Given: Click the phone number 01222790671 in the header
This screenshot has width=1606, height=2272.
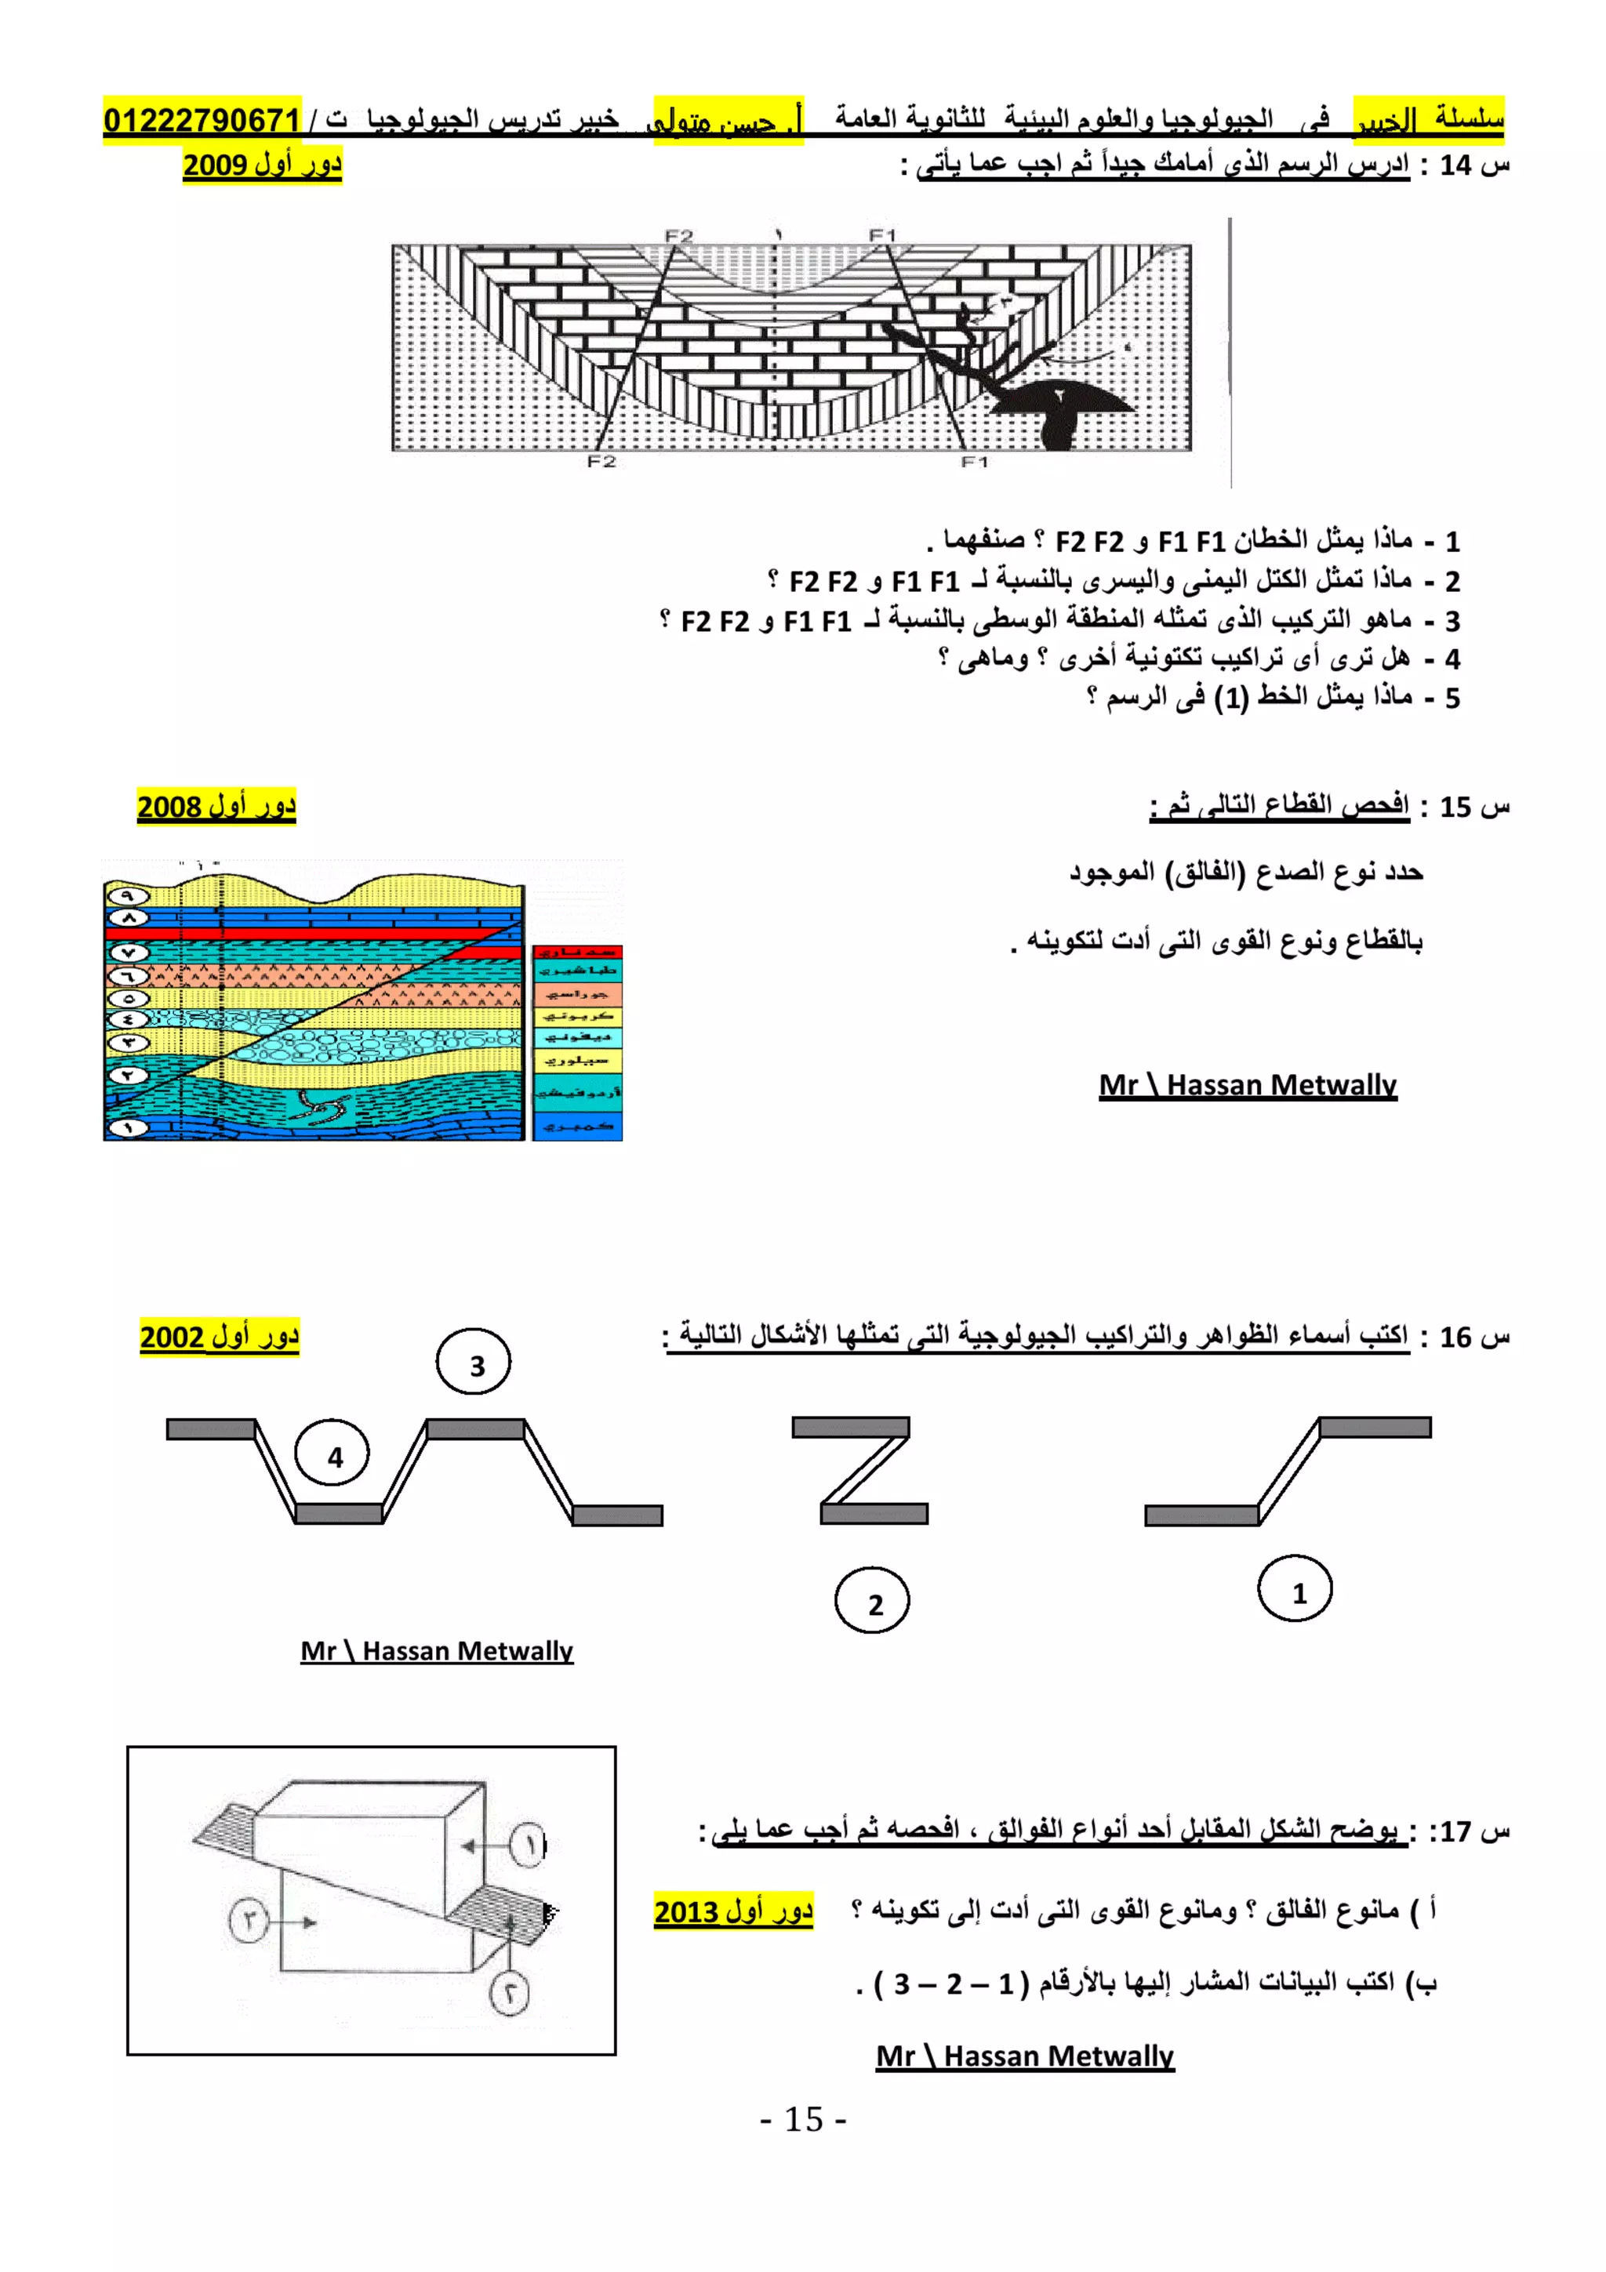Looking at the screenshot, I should tap(202, 120).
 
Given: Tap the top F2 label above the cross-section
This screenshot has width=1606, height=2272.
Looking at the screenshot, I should tap(679, 235).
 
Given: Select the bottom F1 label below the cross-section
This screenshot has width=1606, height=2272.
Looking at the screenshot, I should tap(974, 462).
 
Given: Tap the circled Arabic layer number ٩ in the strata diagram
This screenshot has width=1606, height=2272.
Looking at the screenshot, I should tap(128, 895).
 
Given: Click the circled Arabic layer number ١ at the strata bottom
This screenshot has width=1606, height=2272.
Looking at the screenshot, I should tap(128, 1127).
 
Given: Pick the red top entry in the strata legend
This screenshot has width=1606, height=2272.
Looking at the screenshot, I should tap(577, 952).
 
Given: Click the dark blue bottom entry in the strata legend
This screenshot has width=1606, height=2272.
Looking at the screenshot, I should tap(577, 1126).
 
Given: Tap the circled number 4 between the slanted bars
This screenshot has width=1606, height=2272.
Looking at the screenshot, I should tap(333, 1456).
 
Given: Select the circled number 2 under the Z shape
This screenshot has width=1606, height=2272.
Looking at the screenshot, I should tap(872, 1604).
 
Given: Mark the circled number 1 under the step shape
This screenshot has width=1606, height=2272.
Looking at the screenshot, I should tap(1295, 1592).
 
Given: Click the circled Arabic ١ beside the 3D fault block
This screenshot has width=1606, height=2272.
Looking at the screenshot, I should tap(529, 1845).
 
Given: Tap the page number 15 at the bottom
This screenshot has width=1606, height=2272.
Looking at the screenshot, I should tap(802, 2120).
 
